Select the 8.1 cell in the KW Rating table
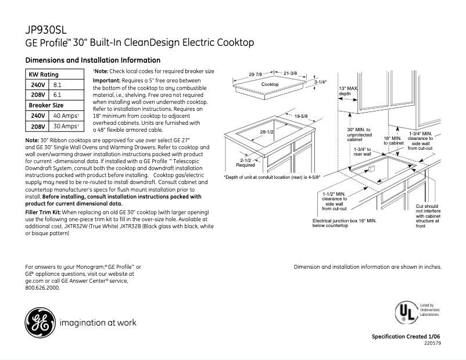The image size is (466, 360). pyautogui.click(x=58, y=85)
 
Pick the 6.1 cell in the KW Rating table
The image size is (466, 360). pyautogui.click(x=58, y=95)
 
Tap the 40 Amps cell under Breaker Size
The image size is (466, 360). pyautogui.click(x=65, y=116)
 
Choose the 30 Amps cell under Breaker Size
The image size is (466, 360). pyautogui.click(x=65, y=126)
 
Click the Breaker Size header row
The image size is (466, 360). pyautogui.click(x=46, y=105)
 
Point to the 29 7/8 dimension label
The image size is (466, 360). pyautogui.click(x=256, y=74)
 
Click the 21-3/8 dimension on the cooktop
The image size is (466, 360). pyautogui.click(x=291, y=73)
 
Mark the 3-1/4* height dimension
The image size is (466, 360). pyautogui.click(x=321, y=82)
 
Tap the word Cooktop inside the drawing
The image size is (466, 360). pyautogui.click(x=270, y=85)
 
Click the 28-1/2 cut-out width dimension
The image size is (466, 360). pyautogui.click(x=267, y=133)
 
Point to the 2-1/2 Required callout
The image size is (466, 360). pyautogui.click(x=245, y=162)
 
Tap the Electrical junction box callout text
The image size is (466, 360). pyautogui.click(x=344, y=223)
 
